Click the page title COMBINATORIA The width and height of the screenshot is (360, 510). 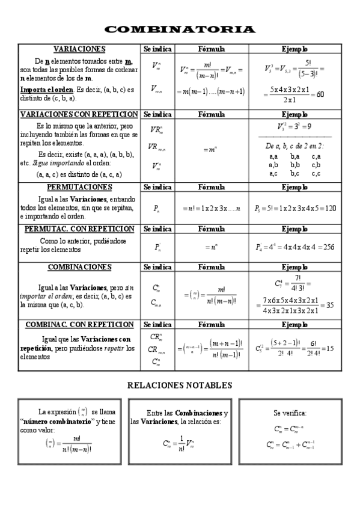pyautogui.click(x=180, y=29)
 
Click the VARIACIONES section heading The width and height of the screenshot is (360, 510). pyautogui.click(x=79, y=49)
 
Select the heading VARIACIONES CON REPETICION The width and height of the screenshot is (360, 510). pyautogui.click(x=79, y=114)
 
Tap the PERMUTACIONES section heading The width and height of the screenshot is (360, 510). pyautogui.click(x=79, y=187)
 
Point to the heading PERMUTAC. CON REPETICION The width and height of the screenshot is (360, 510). pyautogui.click(x=79, y=229)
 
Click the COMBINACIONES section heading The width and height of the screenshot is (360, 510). pyautogui.click(x=79, y=266)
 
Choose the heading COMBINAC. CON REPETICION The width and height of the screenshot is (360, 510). pyautogui.click(x=79, y=325)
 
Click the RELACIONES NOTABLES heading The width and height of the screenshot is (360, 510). pyautogui.click(x=180, y=385)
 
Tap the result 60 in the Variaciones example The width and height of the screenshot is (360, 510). pyautogui.click(x=320, y=94)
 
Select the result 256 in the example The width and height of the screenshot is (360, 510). pyautogui.click(x=325, y=247)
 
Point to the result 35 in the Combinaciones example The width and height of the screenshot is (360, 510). pyautogui.click(x=329, y=305)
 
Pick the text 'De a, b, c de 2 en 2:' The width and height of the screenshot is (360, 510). pyautogui.click(x=295, y=146)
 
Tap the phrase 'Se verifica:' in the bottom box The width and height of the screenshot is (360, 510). pyautogui.click(x=290, y=413)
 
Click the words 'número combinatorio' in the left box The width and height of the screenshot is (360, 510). pyautogui.click(x=50, y=423)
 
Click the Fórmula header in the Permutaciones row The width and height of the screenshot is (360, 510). pyautogui.click(x=211, y=187)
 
